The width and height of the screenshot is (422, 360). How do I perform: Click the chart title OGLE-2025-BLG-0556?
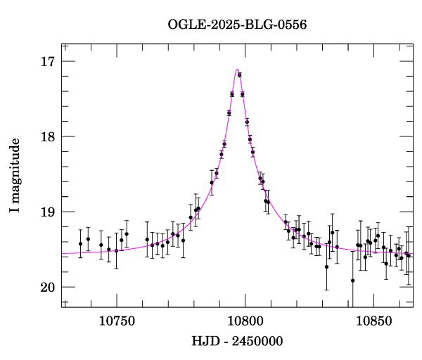coord(237,25)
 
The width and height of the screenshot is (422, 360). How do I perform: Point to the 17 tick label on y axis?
coord(48,62)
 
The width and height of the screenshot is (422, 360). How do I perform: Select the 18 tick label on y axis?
coord(48,137)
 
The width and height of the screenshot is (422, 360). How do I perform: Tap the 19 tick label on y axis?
coord(48,212)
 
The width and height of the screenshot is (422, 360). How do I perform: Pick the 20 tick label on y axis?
coord(48,288)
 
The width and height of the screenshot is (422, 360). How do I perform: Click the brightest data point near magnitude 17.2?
coord(240,75)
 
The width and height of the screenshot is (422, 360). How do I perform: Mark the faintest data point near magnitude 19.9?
coord(352,281)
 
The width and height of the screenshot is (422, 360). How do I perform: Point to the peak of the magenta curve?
coord(238,69)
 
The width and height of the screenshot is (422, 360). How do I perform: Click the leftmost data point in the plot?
coord(80,244)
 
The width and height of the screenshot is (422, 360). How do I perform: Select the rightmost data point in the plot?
coord(409,255)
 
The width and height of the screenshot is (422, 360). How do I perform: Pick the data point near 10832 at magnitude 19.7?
coord(326,266)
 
